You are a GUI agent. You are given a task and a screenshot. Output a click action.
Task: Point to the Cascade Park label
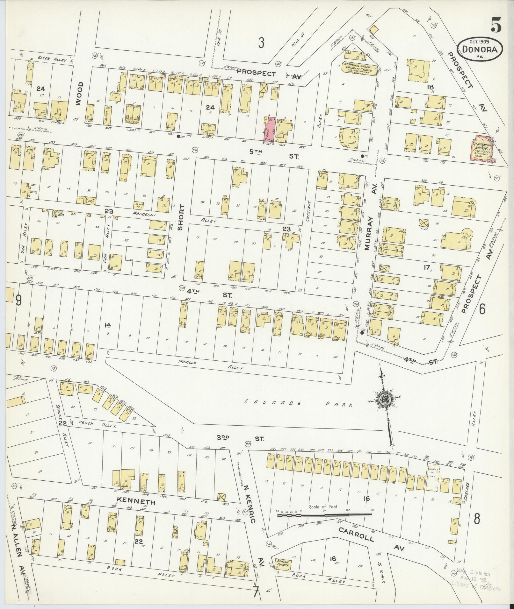coord(299,404)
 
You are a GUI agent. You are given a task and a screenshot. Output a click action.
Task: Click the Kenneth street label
coord(136,501)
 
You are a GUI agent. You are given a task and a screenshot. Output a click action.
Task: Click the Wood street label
coord(79,93)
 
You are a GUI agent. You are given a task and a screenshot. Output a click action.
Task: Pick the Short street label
coord(181,217)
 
